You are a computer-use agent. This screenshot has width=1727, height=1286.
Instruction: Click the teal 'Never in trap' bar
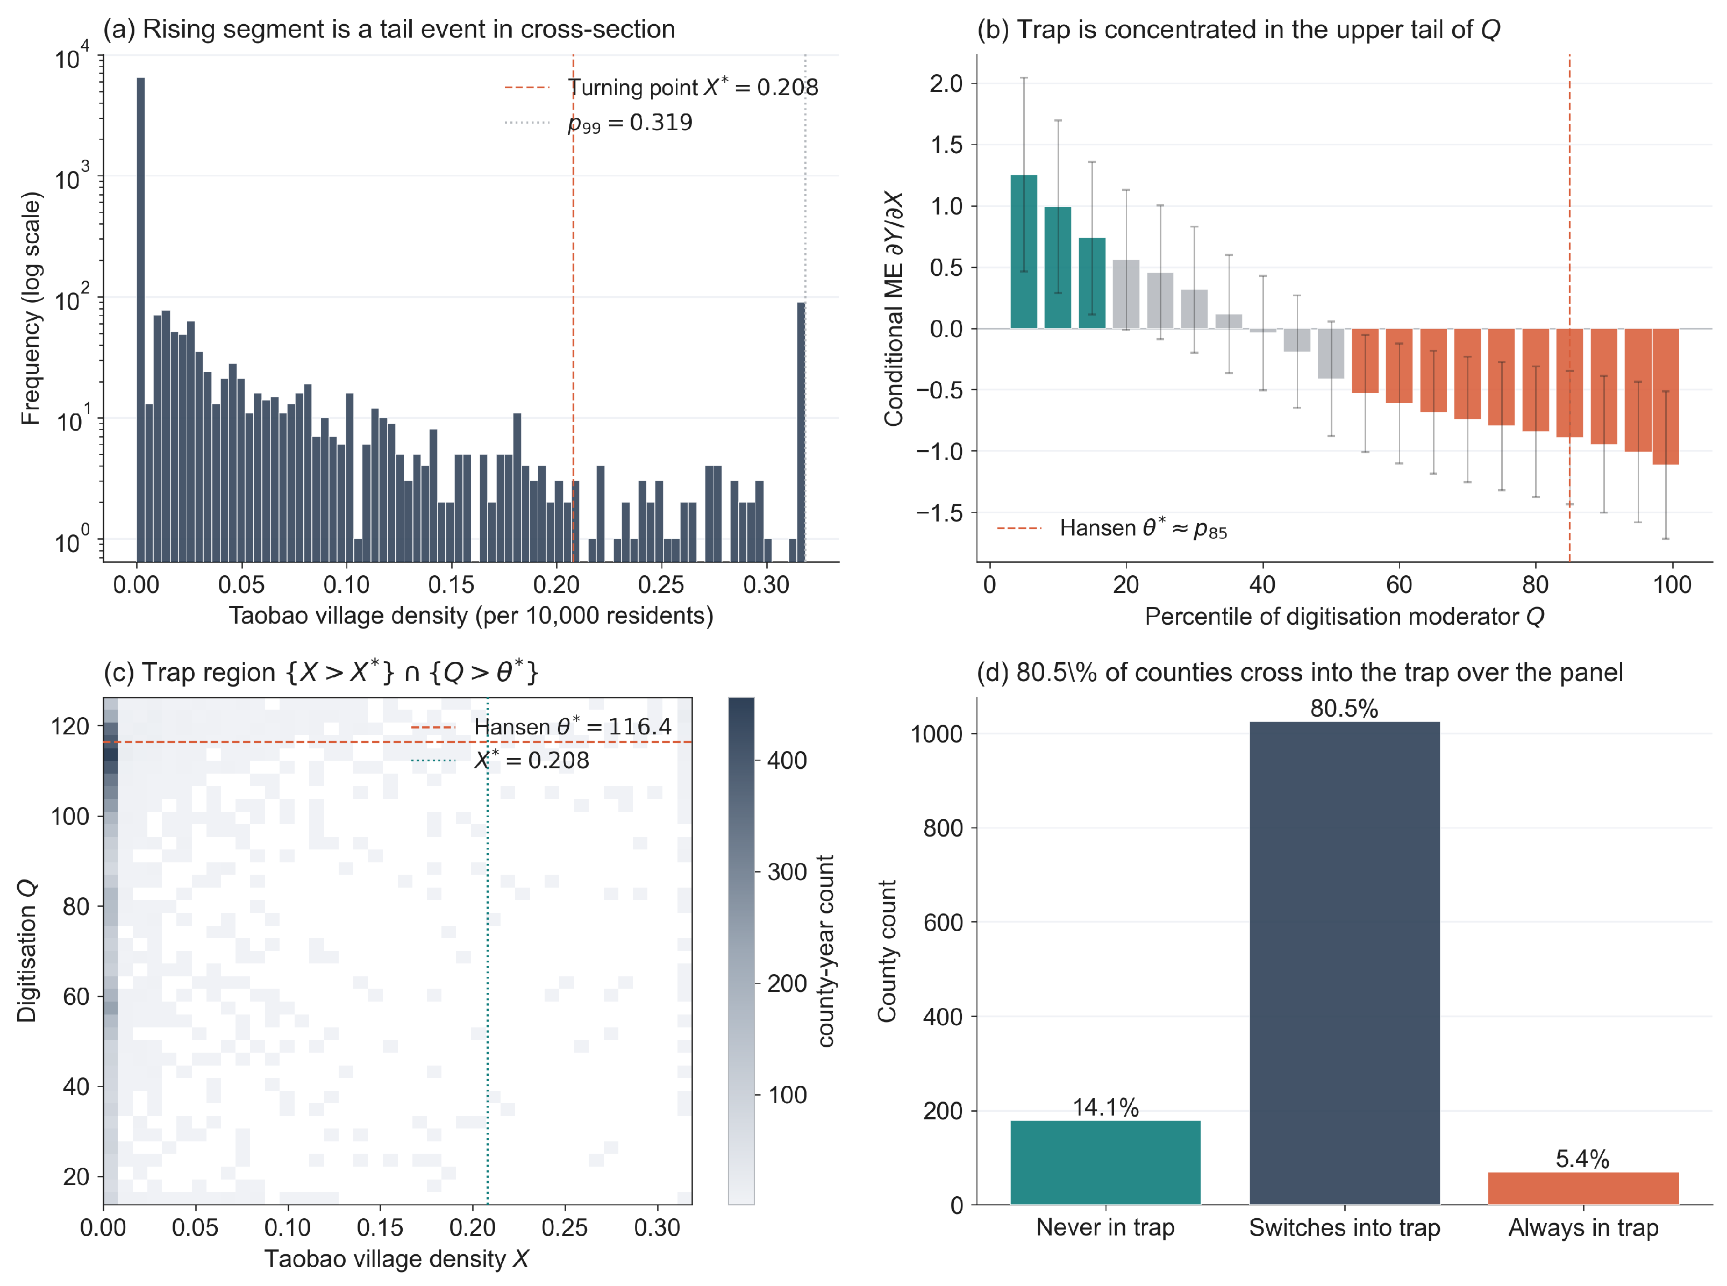tap(1105, 1162)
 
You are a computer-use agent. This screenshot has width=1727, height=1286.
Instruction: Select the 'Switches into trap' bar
tap(1344, 963)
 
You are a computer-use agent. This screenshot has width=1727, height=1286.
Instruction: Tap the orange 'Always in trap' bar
tap(1583, 1188)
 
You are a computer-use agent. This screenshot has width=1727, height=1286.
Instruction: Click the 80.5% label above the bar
tap(1344, 709)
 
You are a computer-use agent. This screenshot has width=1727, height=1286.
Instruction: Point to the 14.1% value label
tap(1105, 1107)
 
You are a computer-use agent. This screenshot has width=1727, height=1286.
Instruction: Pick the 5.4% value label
tap(1582, 1159)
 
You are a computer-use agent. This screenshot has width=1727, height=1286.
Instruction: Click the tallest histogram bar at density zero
tap(141, 319)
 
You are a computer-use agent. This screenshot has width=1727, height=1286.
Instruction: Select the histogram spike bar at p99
tap(801, 432)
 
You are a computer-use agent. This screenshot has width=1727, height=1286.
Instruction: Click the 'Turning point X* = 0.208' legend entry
tap(661, 87)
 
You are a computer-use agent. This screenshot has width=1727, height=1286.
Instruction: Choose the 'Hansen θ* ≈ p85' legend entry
tap(1112, 528)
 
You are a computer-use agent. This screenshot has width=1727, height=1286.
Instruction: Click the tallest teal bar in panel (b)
tap(1023, 252)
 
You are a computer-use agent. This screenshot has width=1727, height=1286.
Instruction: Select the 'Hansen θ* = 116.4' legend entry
tap(540, 726)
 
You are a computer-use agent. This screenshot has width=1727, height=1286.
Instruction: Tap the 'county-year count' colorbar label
tap(825, 951)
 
